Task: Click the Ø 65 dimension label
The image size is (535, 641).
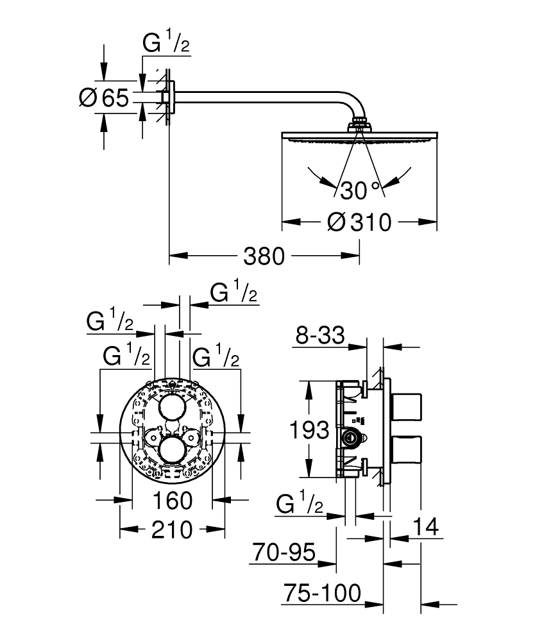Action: tap(104, 98)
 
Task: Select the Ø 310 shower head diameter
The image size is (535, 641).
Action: tap(359, 222)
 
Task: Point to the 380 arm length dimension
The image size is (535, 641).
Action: tap(264, 256)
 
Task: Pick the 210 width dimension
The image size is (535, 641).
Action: tap(171, 529)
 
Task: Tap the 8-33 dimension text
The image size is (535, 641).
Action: tap(320, 334)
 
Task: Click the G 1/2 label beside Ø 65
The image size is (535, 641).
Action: tap(166, 45)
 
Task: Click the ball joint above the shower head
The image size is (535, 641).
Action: tap(359, 123)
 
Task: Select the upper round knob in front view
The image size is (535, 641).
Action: tap(172, 407)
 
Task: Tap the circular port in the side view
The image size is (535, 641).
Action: tap(351, 438)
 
